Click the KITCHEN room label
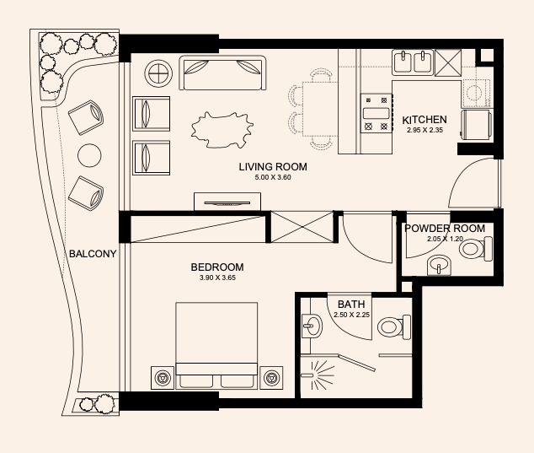click(425, 120)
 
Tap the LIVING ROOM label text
click(273, 167)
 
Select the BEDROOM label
click(217, 267)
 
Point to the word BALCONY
click(93, 254)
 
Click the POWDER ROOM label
click(445, 229)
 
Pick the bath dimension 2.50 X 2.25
click(352, 315)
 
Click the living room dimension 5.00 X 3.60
click(273, 177)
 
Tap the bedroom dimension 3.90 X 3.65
click(217, 278)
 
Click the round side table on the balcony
click(89, 155)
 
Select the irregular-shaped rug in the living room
click(222, 130)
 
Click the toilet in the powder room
click(475, 249)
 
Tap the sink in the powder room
click(439, 265)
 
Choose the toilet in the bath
click(394, 326)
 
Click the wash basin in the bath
click(312, 326)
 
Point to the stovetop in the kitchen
click(376, 113)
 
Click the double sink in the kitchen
click(413, 62)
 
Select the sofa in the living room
click(222, 73)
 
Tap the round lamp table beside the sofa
click(158, 73)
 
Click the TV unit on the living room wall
click(227, 202)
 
